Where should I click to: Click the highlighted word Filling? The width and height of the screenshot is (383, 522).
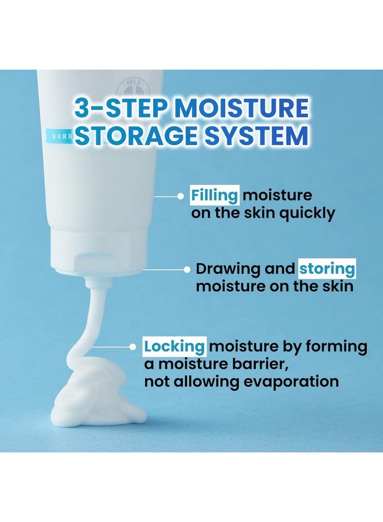click(215, 195)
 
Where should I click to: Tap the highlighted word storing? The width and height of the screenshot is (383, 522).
click(327, 269)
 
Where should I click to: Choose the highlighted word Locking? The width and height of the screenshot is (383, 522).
click(175, 347)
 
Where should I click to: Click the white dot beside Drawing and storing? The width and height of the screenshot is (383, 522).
click(187, 269)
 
